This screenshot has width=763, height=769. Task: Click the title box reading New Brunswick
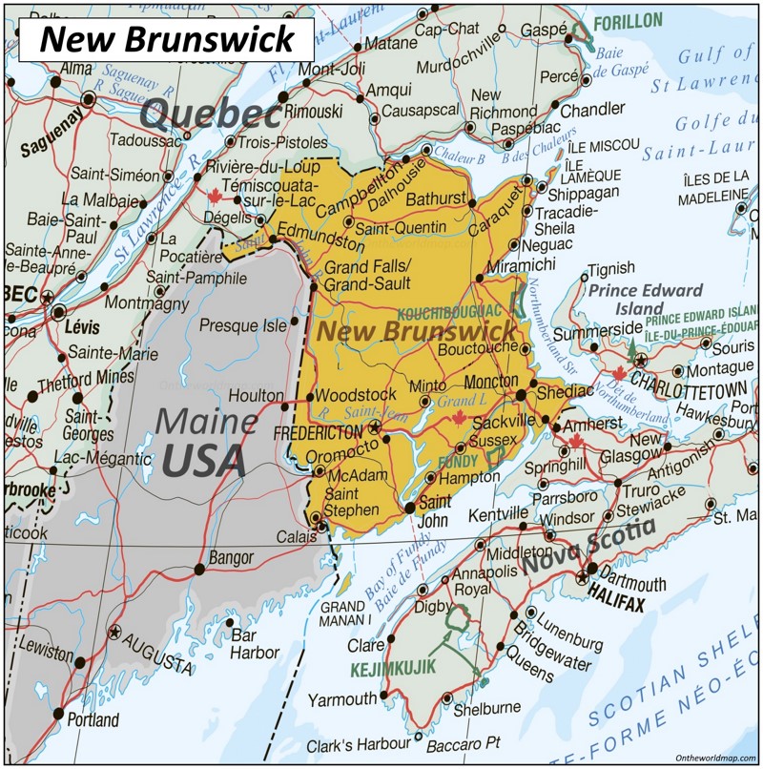[x=167, y=39]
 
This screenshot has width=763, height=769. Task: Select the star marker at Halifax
[x=583, y=577]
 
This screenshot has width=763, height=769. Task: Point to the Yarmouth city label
[x=342, y=699]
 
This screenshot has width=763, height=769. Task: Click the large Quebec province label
[x=211, y=114]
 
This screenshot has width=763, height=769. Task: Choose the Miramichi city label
[x=520, y=263]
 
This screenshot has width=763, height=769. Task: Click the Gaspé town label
[x=543, y=31]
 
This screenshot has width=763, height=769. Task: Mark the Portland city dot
[x=59, y=713]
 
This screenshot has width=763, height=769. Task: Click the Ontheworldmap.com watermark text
[x=704, y=756]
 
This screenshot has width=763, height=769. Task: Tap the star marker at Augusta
[x=115, y=632]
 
